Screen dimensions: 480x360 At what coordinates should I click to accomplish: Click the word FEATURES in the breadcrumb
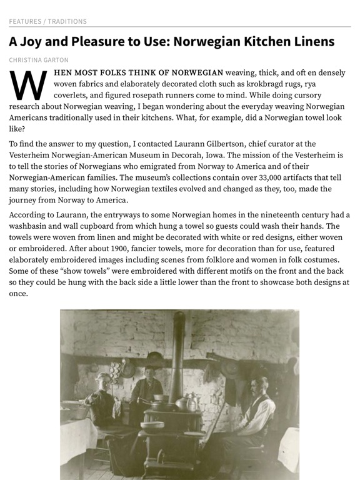(24, 21)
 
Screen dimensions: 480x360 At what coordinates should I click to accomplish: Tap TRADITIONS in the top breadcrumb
(67, 21)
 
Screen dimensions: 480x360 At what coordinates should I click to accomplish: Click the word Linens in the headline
(310, 42)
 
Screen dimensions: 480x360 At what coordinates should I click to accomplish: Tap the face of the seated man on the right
(263, 383)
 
